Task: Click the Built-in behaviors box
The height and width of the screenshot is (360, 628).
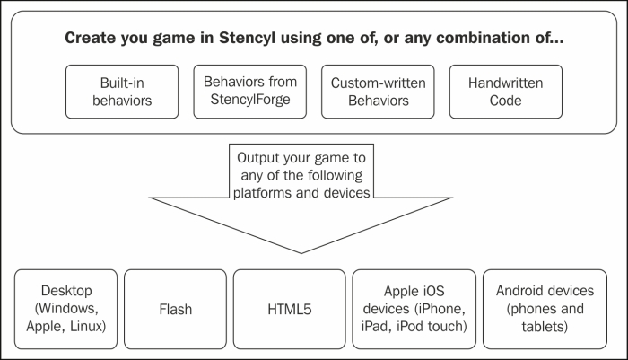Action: (122, 92)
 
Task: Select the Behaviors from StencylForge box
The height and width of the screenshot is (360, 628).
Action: (250, 92)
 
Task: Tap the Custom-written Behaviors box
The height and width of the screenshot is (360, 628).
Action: (378, 92)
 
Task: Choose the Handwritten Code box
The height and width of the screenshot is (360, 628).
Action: (505, 92)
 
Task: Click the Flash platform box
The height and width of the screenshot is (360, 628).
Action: (176, 309)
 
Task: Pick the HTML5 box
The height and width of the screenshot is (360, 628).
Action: (289, 309)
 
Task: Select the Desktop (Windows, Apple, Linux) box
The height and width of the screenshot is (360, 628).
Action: (66, 309)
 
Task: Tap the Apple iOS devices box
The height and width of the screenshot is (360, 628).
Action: (414, 309)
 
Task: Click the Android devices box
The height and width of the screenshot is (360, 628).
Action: (545, 309)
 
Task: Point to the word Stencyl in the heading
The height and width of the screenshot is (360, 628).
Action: (247, 38)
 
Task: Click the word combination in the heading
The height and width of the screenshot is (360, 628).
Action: (477, 38)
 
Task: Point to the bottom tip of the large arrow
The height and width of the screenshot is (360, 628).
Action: (301, 253)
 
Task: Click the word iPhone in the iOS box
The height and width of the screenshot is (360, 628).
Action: (440, 309)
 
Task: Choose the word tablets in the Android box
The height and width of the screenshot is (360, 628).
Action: (545, 327)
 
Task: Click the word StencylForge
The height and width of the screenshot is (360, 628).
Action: (250, 100)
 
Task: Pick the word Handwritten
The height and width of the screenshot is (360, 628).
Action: (505, 83)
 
